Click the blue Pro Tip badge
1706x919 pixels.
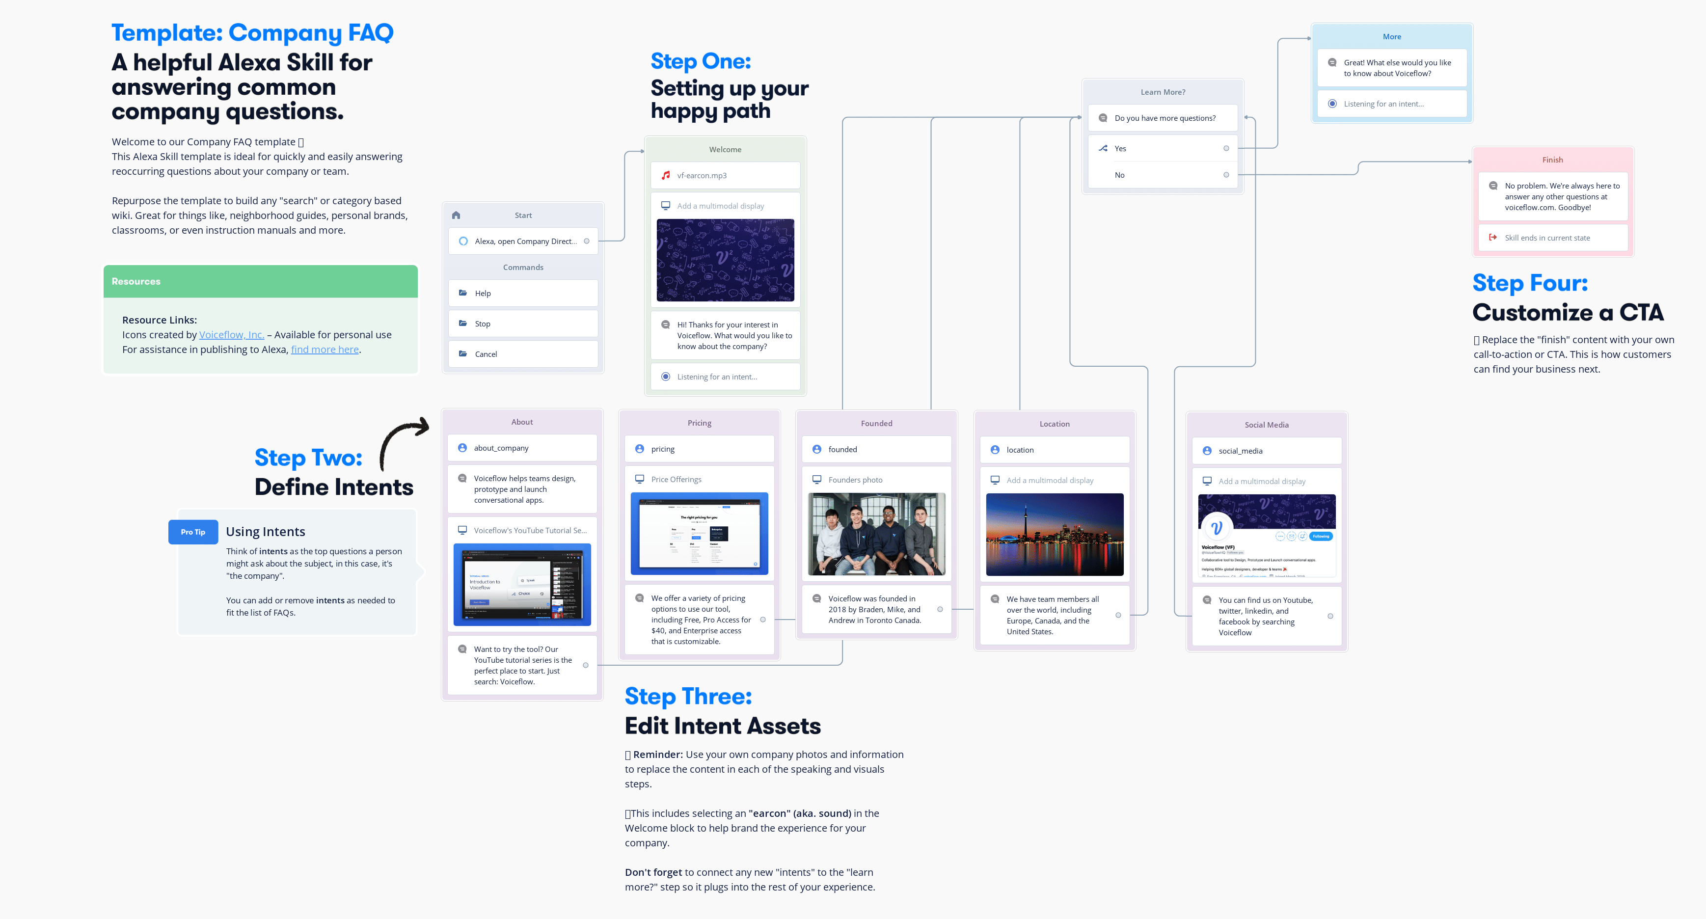[x=193, y=532]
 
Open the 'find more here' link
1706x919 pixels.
[x=325, y=350]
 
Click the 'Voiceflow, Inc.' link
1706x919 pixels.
[x=231, y=335]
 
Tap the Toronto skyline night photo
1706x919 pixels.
[x=1055, y=534]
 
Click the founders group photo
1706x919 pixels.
[x=876, y=534]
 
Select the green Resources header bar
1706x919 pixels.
[x=260, y=281]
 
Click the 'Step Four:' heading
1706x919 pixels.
[x=1530, y=283]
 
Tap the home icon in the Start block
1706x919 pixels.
[x=456, y=215]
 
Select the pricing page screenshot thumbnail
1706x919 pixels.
[x=700, y=533]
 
